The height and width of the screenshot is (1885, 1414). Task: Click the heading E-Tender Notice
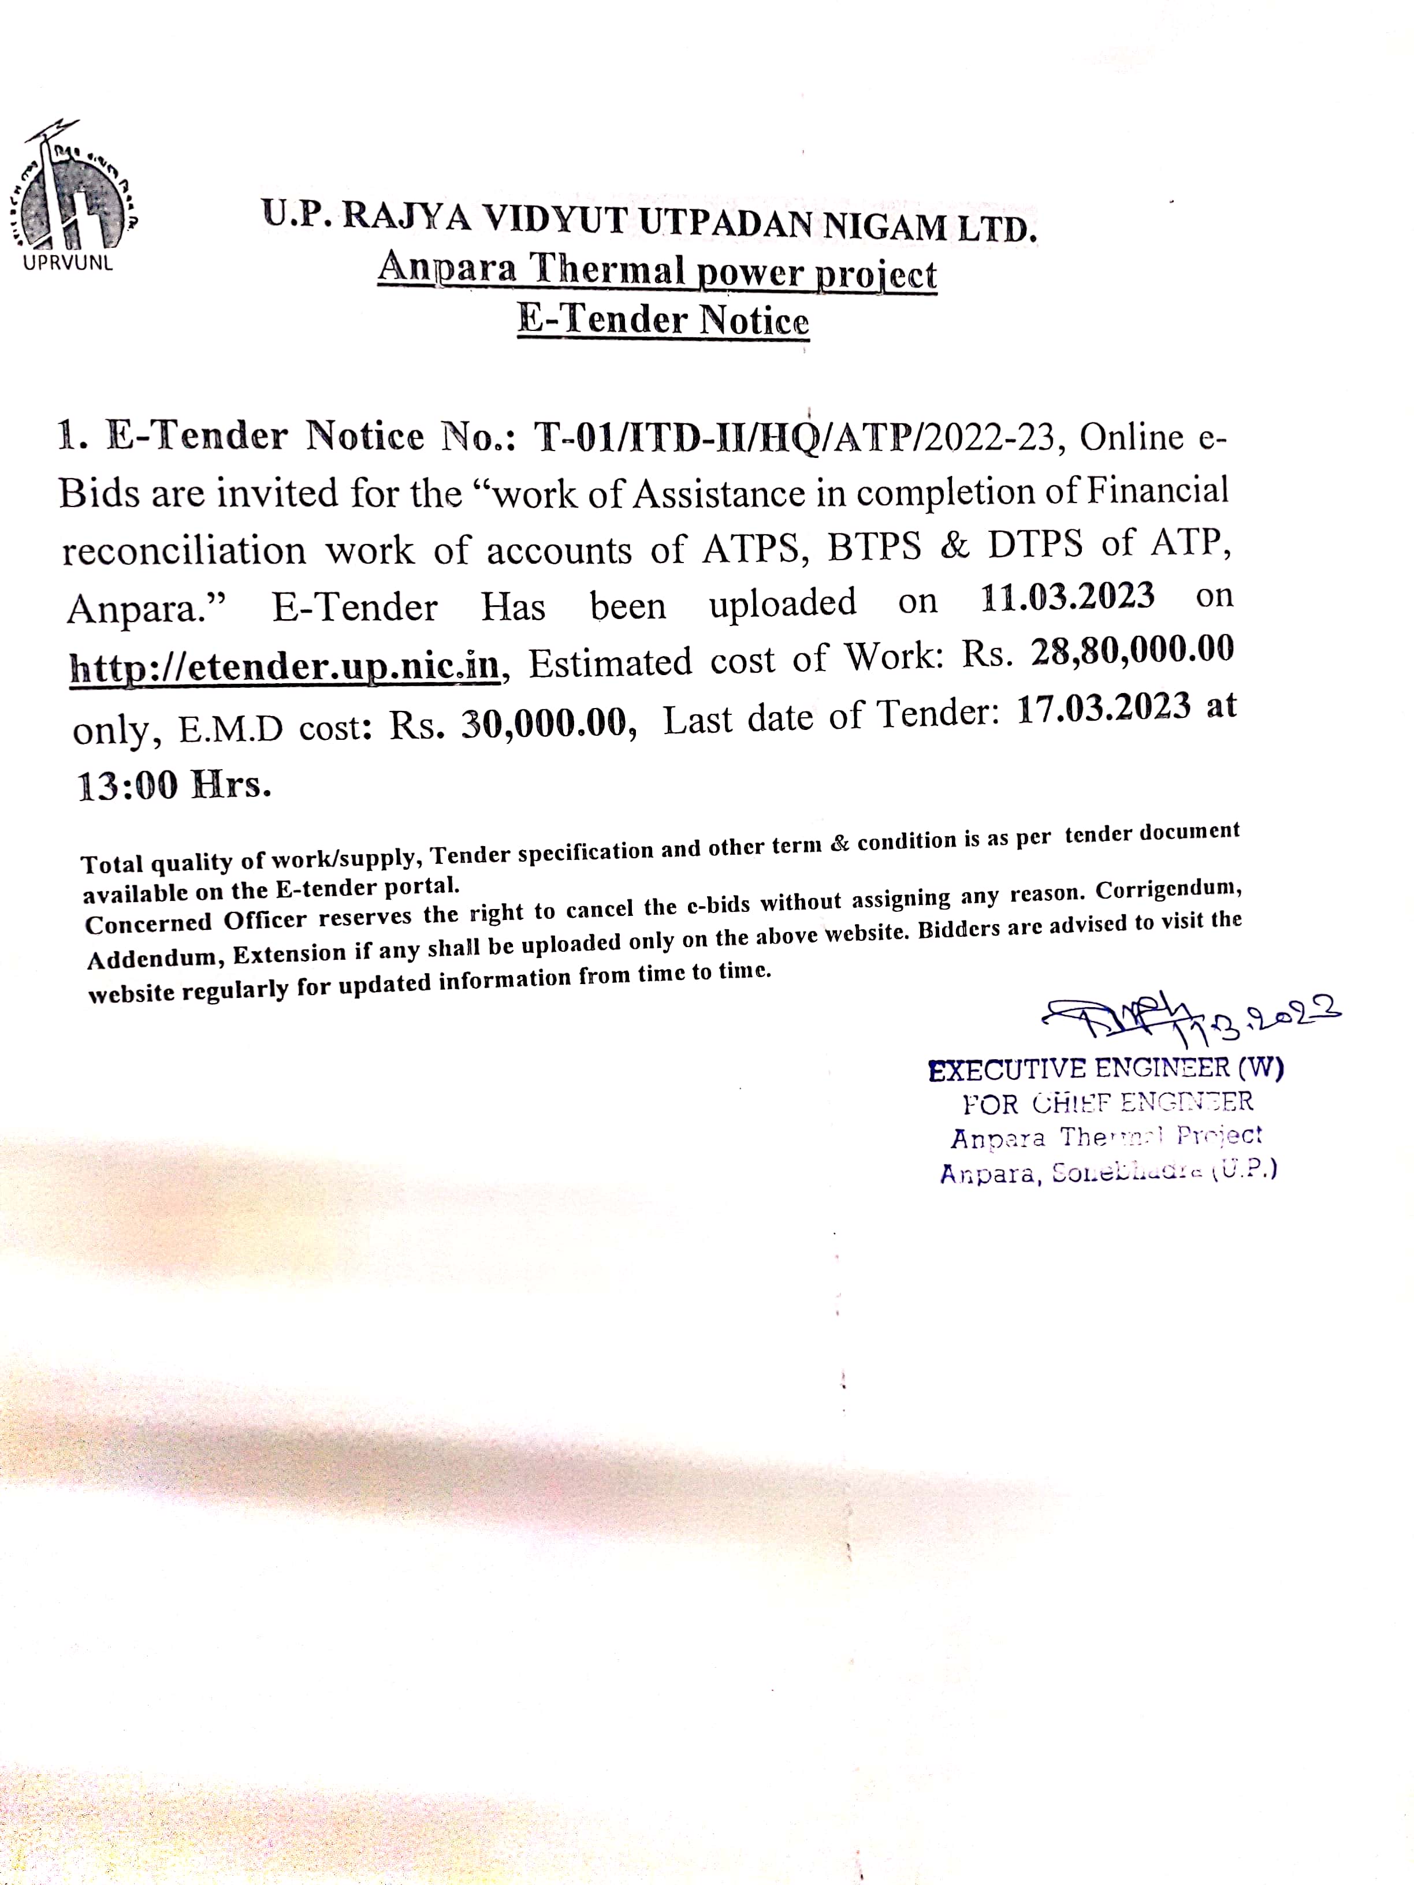(663, 321)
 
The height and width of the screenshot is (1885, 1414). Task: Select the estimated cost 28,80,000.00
(1132, 651)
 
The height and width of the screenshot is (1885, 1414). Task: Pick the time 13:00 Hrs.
(174, 785)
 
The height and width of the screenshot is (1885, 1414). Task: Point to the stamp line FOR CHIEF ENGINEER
(1107, 1104)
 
